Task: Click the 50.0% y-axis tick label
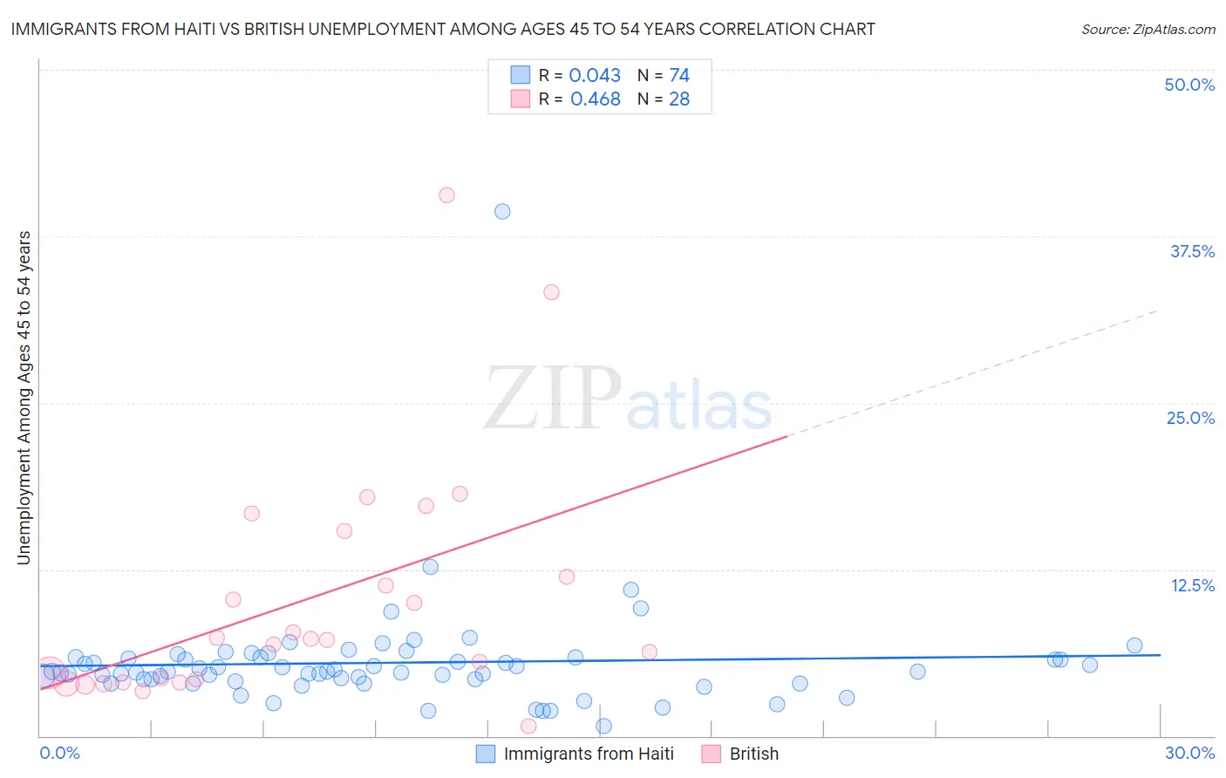click(x=1189, y=85)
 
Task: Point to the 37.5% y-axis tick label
click(x=1192, y=251)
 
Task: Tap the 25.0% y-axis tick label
click(x=1190, y=418)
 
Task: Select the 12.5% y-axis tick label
click(x=1192, y=585)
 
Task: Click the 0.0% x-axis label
click(x=59, y=753)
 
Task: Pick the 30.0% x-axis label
click(x=1189, y=753)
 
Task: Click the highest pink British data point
click(x=446, y=195)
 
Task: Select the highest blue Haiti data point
click(x=502, y=211)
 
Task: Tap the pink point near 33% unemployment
click(x=551, y=292)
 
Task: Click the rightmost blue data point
click(x=1134, y=645)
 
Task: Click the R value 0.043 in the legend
click(x=595, y=76)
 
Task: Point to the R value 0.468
click(x=595, y=99)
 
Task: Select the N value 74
click(x=679, y=76)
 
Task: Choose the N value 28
click(x=679, y=99)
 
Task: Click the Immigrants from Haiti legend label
click(x=589, y=754)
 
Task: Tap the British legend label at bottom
click(x=753, y=754)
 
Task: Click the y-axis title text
click(x=24, y=398)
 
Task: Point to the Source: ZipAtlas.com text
click(x=1148, y=29)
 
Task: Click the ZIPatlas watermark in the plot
click(x=628, y=399)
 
